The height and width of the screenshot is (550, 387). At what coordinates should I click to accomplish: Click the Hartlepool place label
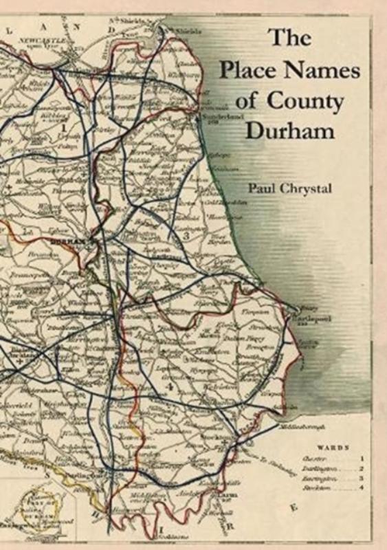point(311,320)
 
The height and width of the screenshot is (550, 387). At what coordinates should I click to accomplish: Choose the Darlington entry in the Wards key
point(318,467)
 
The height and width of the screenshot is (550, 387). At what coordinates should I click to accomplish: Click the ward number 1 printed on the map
point(63,127)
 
